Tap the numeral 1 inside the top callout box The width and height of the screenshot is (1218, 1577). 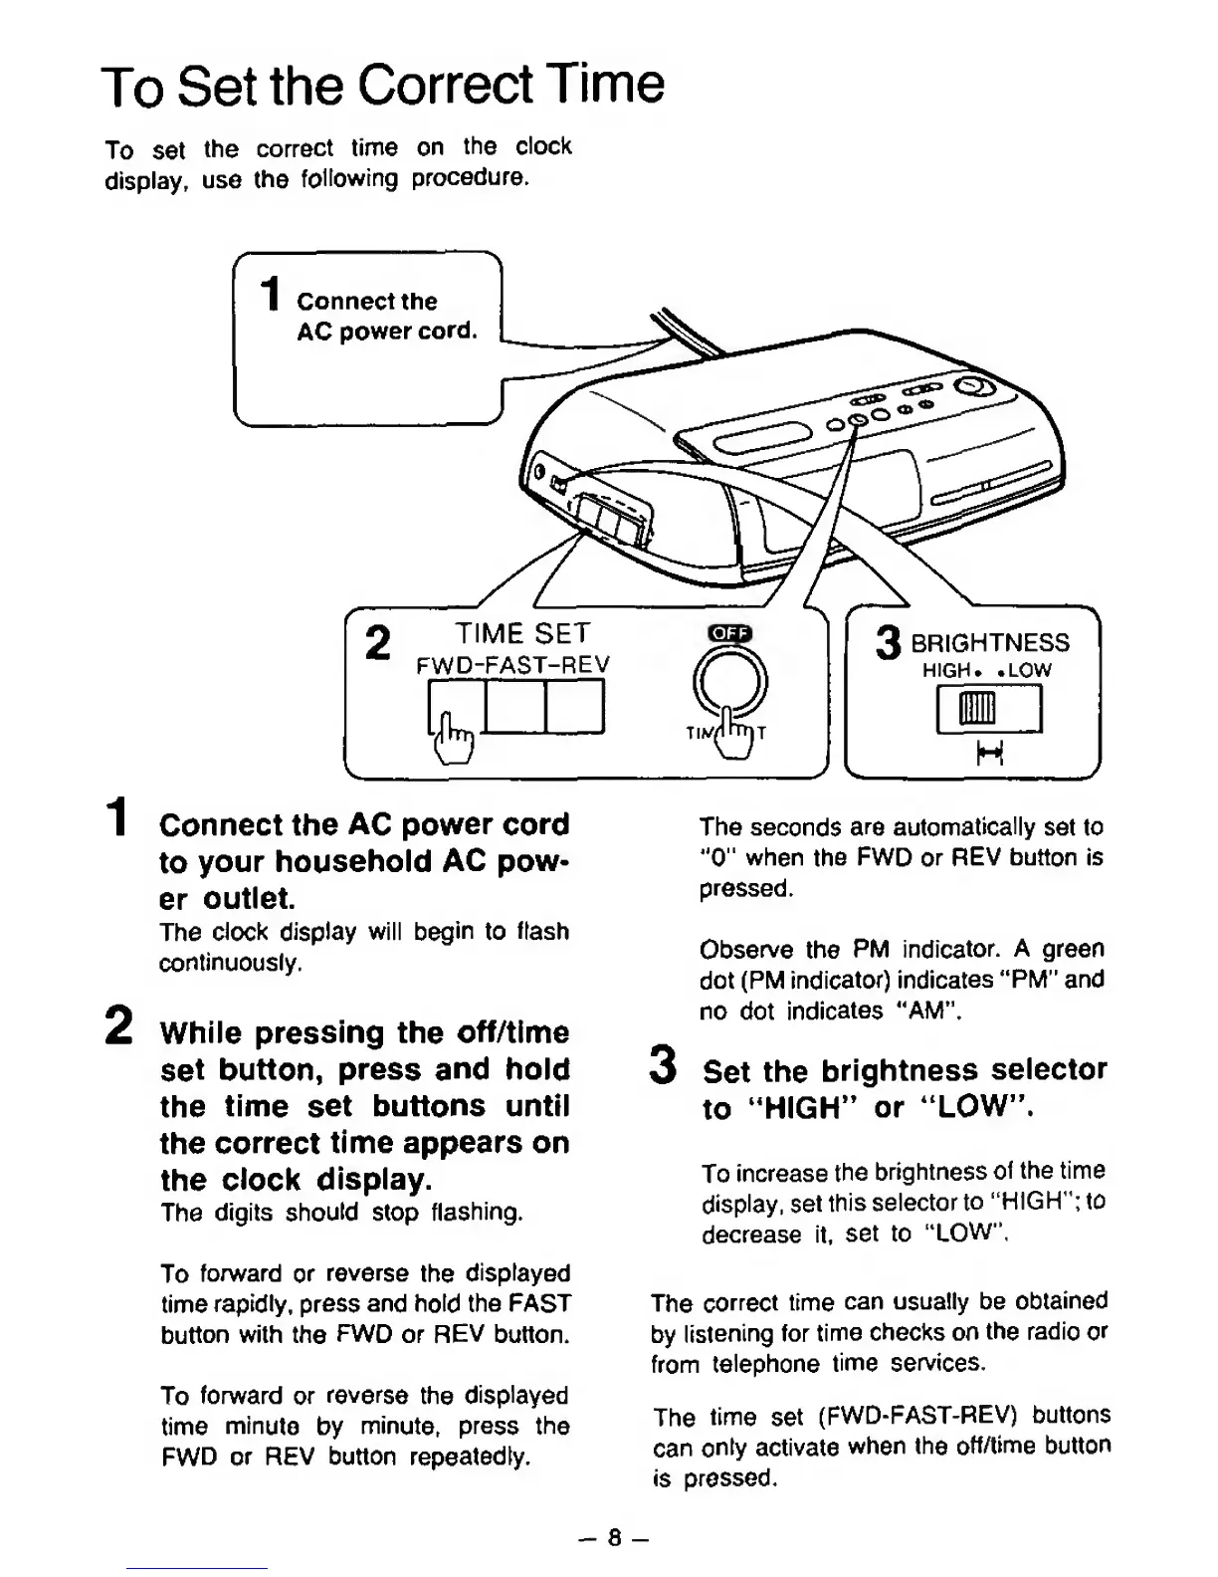coord(268,296)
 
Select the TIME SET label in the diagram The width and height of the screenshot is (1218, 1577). coord(522,633)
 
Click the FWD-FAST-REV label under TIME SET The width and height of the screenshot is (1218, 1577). coord(512,664)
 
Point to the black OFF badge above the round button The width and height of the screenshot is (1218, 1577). coord(729,634)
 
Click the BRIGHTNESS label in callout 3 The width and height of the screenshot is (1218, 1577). coord(990,643)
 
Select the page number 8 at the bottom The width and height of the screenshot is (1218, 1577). coord(615,1538)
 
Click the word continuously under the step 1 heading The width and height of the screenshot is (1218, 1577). coord(230,963)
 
